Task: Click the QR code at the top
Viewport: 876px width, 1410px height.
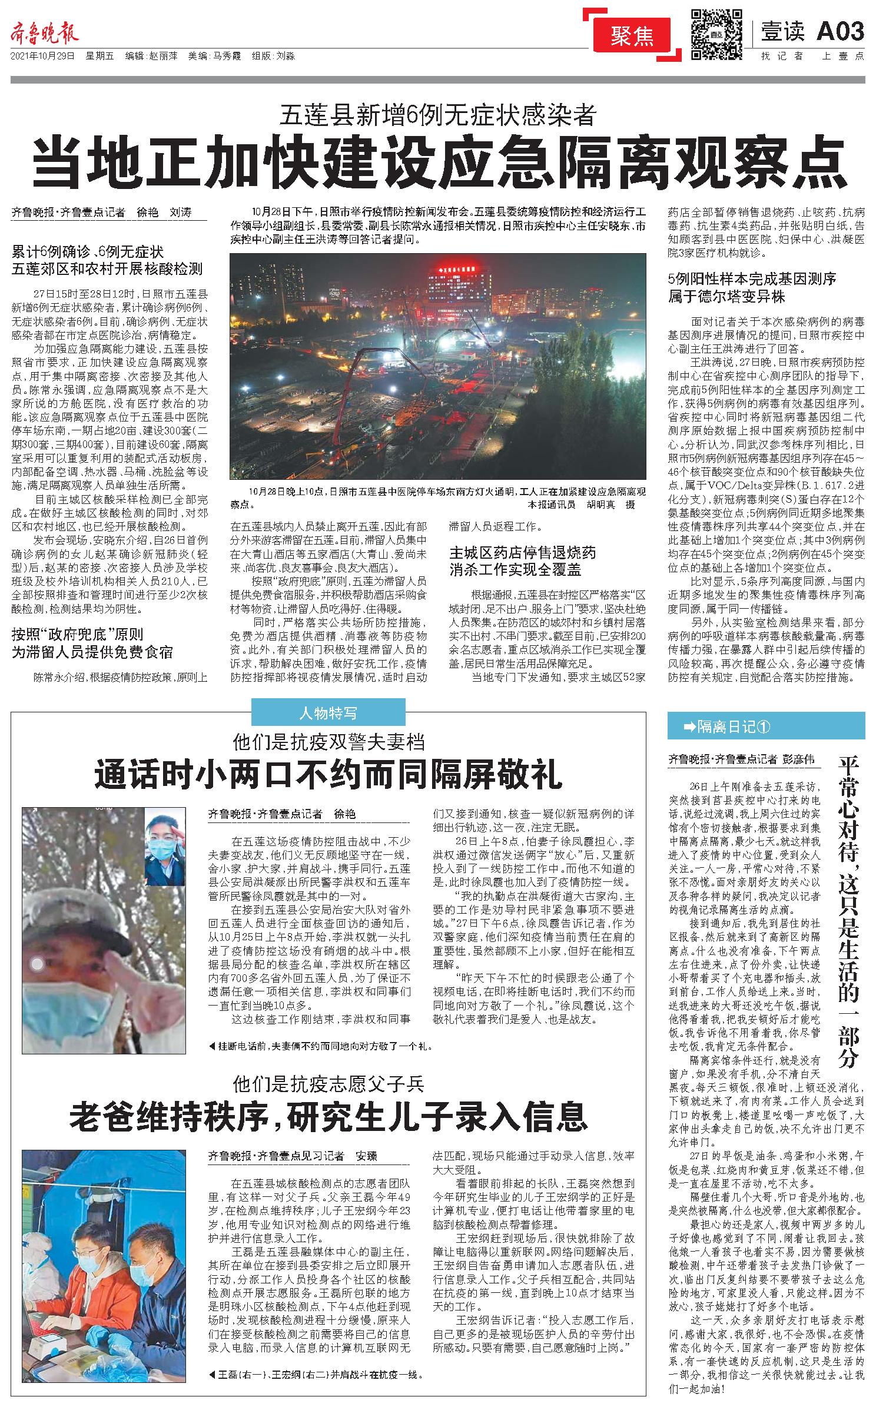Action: (x=715, y=34)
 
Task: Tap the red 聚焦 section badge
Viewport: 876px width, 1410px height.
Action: (x=632, y=37)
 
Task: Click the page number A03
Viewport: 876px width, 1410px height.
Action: (x=840, y=31)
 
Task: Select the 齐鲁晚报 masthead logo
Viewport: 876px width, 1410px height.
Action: (x=44, y=34)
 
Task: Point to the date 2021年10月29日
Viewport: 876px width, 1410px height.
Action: (x=42, y=57)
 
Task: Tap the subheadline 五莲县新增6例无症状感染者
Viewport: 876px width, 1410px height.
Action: (x=438, y=113)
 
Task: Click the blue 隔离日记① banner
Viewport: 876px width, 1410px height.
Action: (x=765, y=726)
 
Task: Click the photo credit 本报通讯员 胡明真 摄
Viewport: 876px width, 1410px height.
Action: (x=580, y=505)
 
